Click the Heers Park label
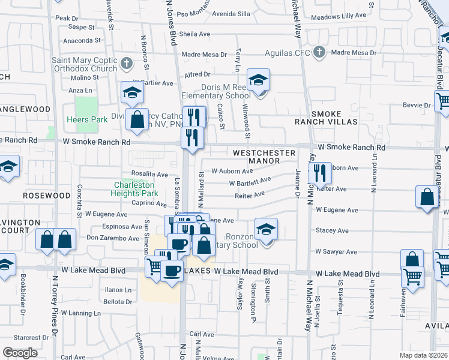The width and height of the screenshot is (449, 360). pyautogui.click(x=88, y=119)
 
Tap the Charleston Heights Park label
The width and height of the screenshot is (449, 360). pyautogui.click(x=135, y=189)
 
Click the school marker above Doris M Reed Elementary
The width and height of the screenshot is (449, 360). pyautogui.click(x=258, y=80)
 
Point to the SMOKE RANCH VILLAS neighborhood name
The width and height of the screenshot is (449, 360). pyautogui.click(x=334, y=118)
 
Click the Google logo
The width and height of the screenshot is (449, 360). pyautogui.click(x=20, y=352)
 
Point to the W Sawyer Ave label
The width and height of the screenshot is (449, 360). pyautogui.click(x=336, y=252)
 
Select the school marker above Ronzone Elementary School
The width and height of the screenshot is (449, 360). pyautogui.click(x=266, y=229)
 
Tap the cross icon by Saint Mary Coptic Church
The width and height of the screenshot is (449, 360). pyautogui.click(x=127, y=63)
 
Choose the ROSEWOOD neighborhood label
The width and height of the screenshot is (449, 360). pyautogui.click(x=47, y=196)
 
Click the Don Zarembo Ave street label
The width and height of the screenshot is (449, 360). pyautogui.click(x=113, y=238)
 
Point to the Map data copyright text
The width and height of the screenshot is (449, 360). pyautogui.click(x=423, y=355)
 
